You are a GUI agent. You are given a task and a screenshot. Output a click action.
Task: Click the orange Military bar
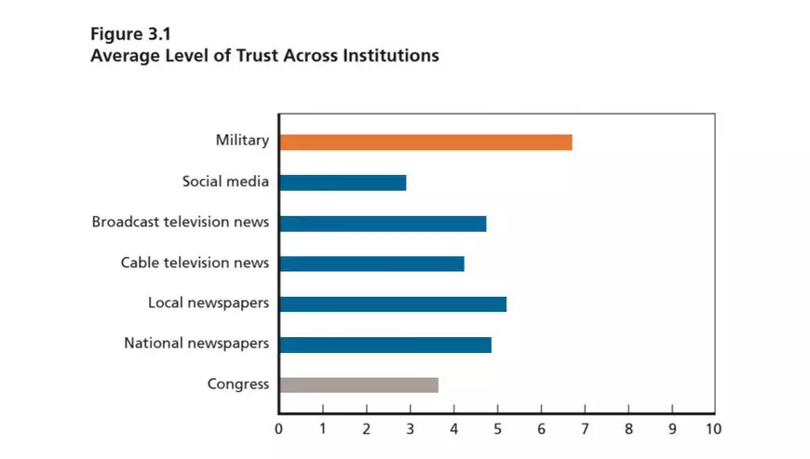point(425,142)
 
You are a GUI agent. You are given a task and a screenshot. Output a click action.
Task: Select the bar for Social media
point(343,182)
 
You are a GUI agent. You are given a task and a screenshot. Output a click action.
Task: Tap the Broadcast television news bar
point(383,223)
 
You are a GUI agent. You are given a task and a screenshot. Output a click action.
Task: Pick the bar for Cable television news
point(371,263)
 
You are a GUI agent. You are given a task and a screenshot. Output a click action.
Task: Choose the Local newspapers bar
point(392,304)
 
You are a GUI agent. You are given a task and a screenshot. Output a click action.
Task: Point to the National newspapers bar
point(385,344)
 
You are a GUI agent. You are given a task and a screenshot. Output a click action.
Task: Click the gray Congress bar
point(358,385)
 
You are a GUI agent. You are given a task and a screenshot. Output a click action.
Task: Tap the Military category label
point(242,141)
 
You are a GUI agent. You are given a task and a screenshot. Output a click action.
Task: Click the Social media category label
point(225,182)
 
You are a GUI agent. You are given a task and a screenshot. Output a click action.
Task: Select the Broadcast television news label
point(181,222)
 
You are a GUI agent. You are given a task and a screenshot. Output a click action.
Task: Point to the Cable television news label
point(195,263)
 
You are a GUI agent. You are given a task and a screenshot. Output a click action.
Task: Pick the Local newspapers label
point(209,303)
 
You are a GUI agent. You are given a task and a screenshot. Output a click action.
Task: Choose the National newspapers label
point(196,344)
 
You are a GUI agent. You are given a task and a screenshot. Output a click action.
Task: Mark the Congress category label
point(238,384)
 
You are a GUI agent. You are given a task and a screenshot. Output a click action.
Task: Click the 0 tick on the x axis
point(278,429)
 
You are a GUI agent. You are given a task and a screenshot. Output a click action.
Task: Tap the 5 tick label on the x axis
point(497,429)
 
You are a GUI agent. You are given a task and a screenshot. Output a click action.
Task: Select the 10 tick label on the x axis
point(713,429)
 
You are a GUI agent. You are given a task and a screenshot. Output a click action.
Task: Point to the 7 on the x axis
point(585,429)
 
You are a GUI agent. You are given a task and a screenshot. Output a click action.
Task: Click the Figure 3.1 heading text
point(129,34)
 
